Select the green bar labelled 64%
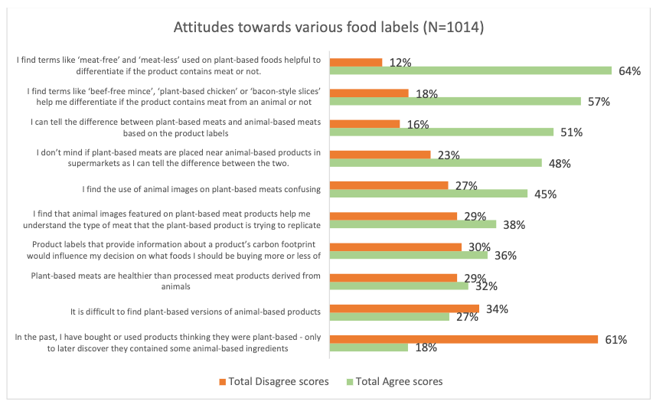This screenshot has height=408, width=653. [470, 70]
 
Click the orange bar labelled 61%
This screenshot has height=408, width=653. [463, 339]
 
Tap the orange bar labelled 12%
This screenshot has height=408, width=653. [356, 62]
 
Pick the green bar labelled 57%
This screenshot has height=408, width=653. [455, 101]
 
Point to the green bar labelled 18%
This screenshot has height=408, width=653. [368, 348]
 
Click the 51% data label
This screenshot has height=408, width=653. [571, 132]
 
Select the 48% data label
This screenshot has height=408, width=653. [560, 163]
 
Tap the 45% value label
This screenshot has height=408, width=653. [545, 194]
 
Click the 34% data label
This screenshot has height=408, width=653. [497, 309]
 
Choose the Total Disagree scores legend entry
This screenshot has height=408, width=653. [273, 381]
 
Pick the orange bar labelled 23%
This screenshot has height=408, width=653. [380, 155]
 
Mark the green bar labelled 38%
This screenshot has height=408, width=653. [413, 224]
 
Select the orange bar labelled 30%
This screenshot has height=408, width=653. [395, 246]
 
